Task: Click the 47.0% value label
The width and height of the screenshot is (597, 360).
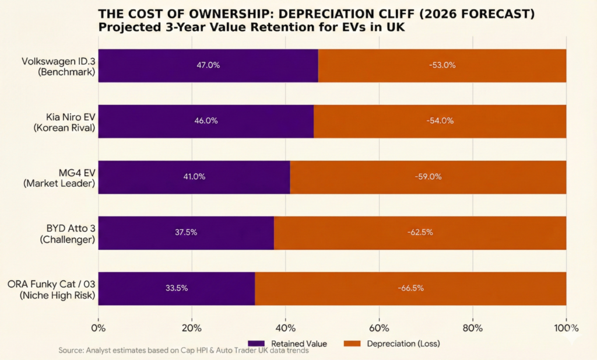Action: tap(208, 65)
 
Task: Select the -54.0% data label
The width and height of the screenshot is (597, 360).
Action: tap(440, 121)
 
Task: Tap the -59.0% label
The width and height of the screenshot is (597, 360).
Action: tap(428, 177)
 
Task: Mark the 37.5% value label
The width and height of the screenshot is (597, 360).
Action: tap(186, 232)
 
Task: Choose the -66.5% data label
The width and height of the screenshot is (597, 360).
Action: tap(410, 288)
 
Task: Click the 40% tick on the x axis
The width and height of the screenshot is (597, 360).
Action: tap(286, 327)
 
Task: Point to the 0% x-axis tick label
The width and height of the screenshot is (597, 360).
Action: tap(99, 327)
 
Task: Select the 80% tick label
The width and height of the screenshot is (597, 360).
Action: tap(473, 327)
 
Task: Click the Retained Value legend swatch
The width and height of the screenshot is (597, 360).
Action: tap(257, 344)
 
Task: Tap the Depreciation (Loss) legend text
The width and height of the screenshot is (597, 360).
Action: tap(403, 344)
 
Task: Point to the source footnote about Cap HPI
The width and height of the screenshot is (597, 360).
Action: tap(184, 351)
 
